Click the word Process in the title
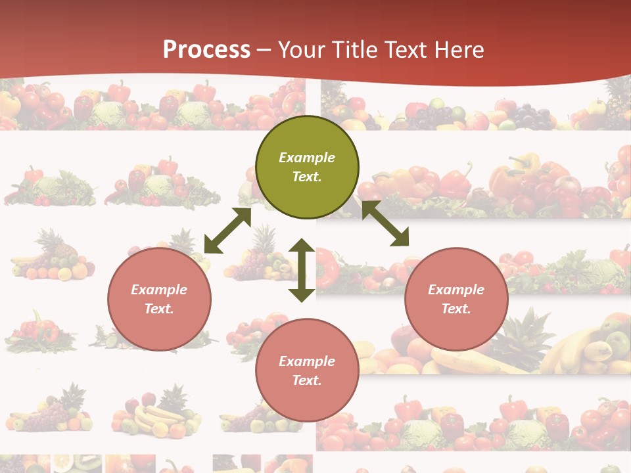tap(206, 50)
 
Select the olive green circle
tap(307, 167)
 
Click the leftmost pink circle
tap(159, 299)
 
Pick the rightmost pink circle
tap(456, 299)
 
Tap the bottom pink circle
tap(307, 371)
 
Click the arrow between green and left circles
tap(227, 231)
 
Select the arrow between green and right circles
tap(385, 223)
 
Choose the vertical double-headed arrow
tap(302, 269)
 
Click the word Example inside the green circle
tap(307, 158)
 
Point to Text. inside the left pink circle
tap(159, 309)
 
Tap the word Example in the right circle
tap(456, 290)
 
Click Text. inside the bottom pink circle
tap(307, 380)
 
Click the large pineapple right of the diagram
tap(523, 338)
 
